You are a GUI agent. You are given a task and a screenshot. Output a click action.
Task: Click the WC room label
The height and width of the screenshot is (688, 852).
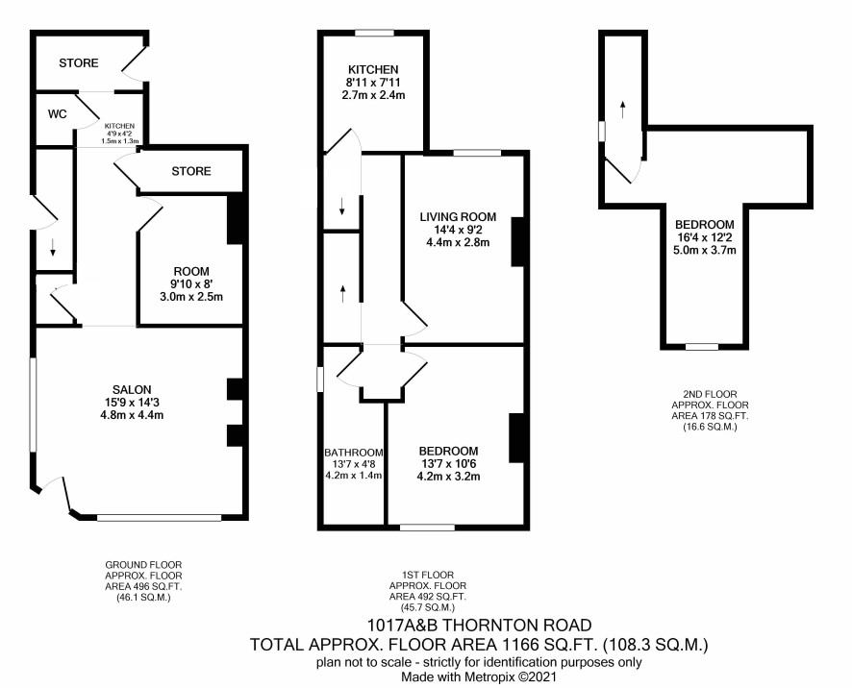[57, 114]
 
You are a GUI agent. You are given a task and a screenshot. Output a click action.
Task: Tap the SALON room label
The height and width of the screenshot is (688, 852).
[132, 389]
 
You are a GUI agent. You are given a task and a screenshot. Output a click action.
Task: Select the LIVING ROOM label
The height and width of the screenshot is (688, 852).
[458, 217]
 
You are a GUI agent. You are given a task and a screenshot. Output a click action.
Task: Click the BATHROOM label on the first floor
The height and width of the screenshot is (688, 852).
[354, 453]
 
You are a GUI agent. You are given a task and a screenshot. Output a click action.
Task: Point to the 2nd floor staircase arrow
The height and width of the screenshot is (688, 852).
[623, 110]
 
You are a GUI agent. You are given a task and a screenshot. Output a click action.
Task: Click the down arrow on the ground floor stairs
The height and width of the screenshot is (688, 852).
[53, 247]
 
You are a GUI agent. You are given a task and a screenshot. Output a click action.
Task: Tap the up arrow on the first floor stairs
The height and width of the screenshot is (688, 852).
[343, 293]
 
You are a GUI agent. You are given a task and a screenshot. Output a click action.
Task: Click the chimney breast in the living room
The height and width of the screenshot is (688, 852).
[517, 241]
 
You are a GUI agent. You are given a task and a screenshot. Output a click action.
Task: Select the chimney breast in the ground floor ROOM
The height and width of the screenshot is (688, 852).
[235, 218]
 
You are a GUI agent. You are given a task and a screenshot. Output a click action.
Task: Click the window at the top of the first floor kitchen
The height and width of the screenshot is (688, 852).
[374, 33]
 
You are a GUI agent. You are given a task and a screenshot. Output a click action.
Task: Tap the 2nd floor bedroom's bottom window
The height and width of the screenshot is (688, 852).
[701, 347]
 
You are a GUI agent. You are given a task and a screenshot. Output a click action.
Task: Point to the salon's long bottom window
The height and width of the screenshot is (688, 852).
[160, 518]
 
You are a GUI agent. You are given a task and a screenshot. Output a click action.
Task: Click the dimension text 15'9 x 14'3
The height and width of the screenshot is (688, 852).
[132, 403]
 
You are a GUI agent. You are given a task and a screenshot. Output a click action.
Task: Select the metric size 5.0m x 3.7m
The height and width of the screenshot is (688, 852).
[705, 251]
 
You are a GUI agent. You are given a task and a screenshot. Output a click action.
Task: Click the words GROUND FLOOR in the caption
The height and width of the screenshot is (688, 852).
[143, 565]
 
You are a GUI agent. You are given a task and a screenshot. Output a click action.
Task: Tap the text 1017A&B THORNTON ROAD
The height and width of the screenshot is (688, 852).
[479, 625]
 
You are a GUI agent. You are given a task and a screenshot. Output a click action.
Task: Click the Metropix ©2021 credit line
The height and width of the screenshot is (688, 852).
[479, 677]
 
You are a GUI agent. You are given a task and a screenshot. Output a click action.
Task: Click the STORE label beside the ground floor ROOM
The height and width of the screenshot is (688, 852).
[191, 171]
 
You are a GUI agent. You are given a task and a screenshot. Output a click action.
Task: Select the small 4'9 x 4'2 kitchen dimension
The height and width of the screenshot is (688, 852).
[119, 134]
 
